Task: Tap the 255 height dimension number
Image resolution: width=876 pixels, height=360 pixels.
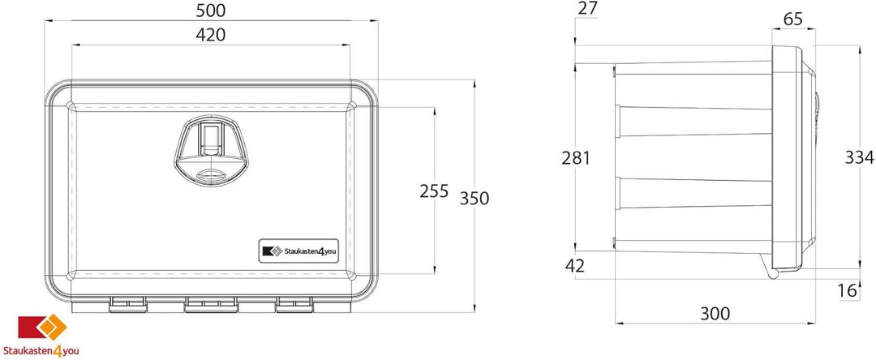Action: (434, 191)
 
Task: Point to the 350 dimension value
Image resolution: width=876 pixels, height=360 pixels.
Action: (474, 198)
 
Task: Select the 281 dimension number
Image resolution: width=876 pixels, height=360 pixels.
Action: (576, 157)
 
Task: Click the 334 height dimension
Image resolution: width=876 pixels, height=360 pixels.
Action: (858, 157)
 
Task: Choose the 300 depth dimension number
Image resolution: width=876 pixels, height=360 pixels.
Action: (714, 313)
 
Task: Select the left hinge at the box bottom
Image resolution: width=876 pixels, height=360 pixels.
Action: (128, 302)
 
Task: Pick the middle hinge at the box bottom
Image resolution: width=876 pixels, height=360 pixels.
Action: (209, 302)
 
